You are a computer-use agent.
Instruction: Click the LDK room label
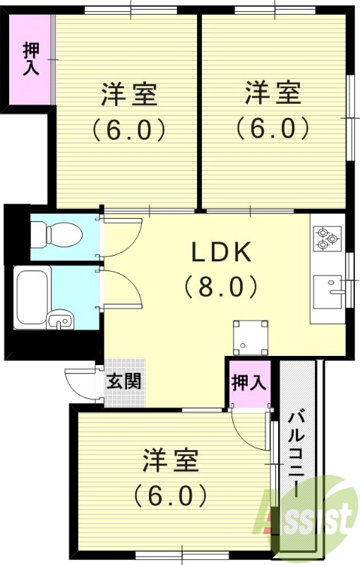219,251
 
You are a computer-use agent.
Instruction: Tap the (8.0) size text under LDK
220,286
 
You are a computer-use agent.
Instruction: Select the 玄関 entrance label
124,381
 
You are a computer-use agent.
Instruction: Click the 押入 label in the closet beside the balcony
248,383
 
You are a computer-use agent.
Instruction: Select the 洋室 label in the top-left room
129,94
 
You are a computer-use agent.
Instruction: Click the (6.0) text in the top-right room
272,128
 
